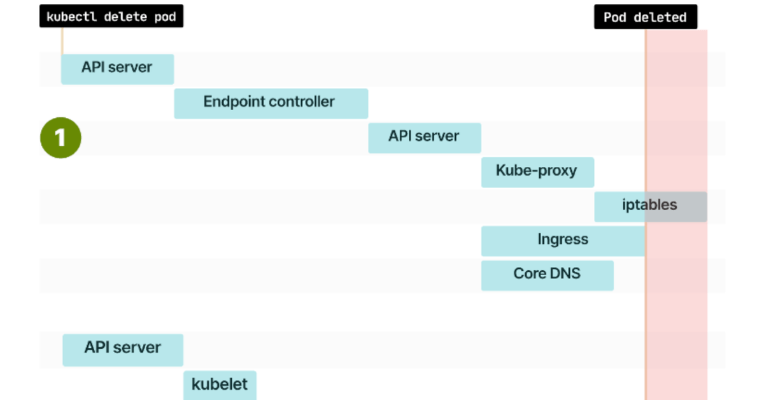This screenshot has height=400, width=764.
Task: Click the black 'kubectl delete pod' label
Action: (x=111, y=17)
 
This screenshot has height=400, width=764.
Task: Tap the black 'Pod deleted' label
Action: (x=645, y=17)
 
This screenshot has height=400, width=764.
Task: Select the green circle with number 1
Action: (x=60, y=137)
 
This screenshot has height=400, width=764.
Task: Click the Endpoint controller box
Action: (x=271, y=103)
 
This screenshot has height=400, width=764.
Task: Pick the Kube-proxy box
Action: (x=537, y=171)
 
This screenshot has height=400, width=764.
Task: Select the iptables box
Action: (x=649, y=206)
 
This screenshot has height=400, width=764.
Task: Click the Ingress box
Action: (x=563, y=240)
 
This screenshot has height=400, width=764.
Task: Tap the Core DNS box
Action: (x=547, y=275)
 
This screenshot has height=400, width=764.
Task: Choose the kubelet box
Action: (x=220, y=385)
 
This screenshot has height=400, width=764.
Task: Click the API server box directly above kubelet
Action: (x=122, y=349)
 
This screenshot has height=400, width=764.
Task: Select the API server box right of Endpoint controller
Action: (x=424, y=137)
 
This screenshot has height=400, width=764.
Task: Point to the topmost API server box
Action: (x=117, y=68)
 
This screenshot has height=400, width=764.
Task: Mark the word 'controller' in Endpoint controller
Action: (x=302, y=102)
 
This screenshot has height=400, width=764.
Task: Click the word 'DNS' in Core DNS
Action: (x=565, y=274)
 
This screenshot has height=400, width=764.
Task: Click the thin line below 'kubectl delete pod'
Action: (x=62, y=41)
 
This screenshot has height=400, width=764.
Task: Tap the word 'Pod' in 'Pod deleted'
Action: (x=615, y=17)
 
